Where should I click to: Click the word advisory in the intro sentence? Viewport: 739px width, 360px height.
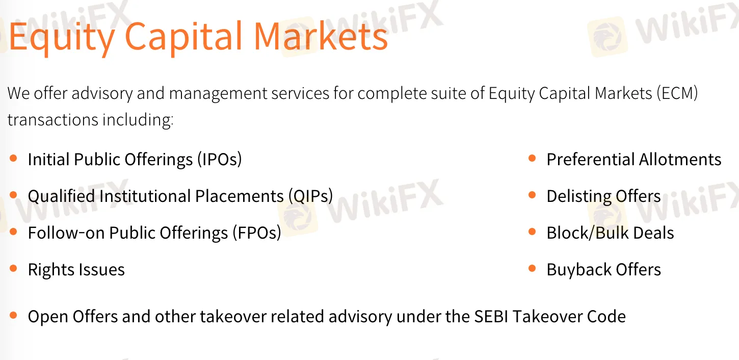101,94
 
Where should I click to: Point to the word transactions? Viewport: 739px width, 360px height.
53,119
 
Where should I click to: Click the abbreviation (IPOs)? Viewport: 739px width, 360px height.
220,160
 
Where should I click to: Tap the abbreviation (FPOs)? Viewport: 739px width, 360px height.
257,233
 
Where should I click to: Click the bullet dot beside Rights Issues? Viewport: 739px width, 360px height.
13,268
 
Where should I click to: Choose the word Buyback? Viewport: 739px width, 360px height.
579,270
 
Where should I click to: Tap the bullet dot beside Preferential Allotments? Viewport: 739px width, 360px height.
532,158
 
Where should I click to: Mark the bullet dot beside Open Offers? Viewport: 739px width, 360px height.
13,315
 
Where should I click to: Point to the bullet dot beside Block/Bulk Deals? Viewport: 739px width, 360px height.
532,232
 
